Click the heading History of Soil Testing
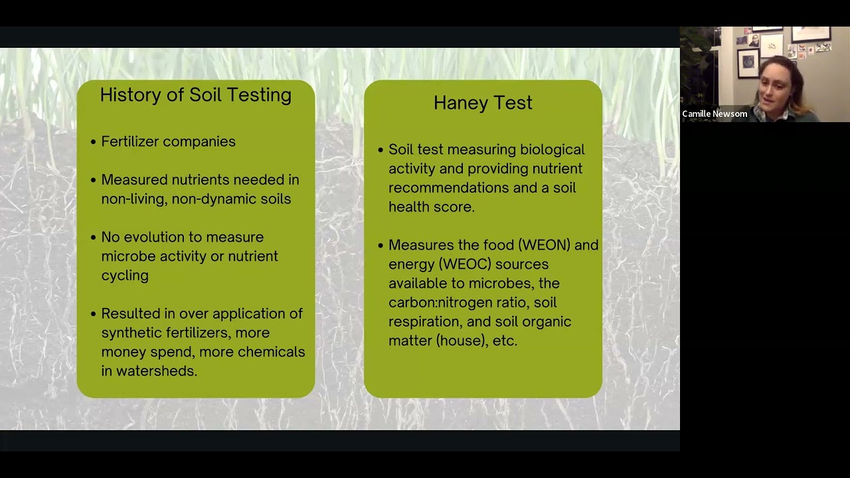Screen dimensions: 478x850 (195, 95)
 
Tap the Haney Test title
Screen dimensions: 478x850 (483, 103)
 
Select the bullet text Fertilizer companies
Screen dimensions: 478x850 (168, 141)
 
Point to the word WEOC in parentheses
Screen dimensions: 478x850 (465, 264)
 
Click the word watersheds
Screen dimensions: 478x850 (156, 371)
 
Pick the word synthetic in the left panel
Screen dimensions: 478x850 (131, 333)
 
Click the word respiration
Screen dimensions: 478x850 (426, 322)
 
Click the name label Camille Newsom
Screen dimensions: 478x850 (715, 114)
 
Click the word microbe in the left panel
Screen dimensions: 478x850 (128, 256)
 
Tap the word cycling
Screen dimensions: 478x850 (125, 276)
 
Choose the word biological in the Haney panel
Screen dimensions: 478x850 (552, 150)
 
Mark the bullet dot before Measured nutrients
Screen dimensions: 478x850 (93, 180)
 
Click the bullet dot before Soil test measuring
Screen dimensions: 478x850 (381, 150)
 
